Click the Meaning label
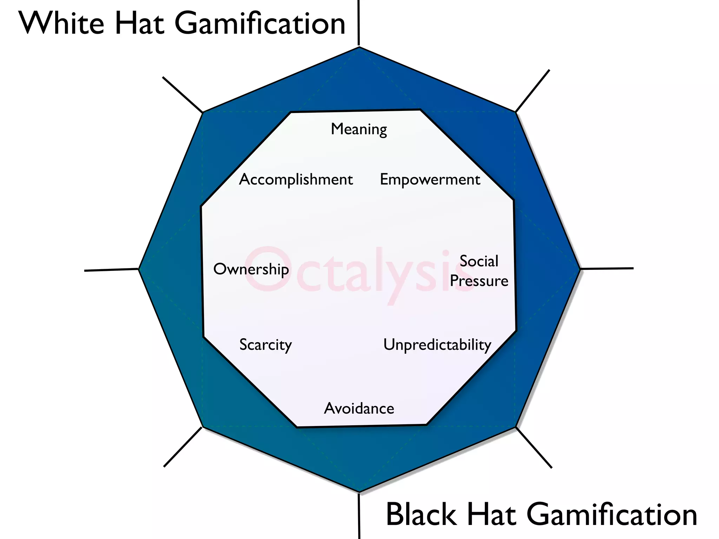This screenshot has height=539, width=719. coord(359,129)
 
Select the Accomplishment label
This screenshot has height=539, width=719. coord(296,180)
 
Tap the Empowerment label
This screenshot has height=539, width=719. coord(430,180)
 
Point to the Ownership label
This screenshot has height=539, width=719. coord(251,269)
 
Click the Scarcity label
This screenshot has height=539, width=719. coord(265,345)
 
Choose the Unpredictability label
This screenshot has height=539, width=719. coord(437,345)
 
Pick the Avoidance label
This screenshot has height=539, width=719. coord(359,408)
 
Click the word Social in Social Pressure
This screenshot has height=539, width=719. coord(479,261)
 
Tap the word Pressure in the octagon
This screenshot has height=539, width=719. coord(479,281)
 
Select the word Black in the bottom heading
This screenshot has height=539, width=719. coord(422,514)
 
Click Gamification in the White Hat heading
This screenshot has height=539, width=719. coord(260,24)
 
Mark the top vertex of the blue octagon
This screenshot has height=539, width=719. coord(359,47)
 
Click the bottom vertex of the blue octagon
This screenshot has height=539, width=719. coord(359,491)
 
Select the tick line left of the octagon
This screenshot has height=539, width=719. coord(112,270)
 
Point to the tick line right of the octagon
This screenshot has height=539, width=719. coord(607,268)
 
